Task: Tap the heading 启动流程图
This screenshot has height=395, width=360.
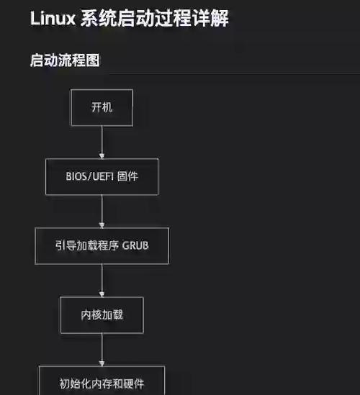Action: coord(64,60)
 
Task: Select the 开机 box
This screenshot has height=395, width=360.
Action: coord(102,107)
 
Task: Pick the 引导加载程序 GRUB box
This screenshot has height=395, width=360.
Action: coord(102,245)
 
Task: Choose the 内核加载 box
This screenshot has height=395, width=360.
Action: coord(102,314)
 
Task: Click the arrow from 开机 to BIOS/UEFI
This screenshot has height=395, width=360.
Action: coord(102,141)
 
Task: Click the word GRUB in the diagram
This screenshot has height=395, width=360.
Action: coord(135,245)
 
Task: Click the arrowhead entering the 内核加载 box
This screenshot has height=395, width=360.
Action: coord(102,294)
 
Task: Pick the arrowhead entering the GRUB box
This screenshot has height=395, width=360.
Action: coord(102,224)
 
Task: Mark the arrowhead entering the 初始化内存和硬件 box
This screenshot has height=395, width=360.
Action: coord(102,363)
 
